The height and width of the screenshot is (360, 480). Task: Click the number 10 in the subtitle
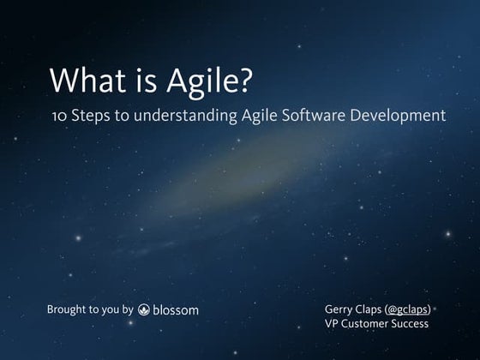(x=58, y=116)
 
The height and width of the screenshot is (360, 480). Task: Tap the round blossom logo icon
(x=144, y=309)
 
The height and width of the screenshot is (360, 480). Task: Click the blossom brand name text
(x=176, y=309)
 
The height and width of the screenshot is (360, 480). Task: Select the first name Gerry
(x=340, y=309)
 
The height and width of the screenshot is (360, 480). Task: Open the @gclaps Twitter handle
(x=411, y=308)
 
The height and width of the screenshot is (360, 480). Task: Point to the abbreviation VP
(x=333, y=323)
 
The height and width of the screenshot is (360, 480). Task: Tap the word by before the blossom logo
(x=127, y=309)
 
